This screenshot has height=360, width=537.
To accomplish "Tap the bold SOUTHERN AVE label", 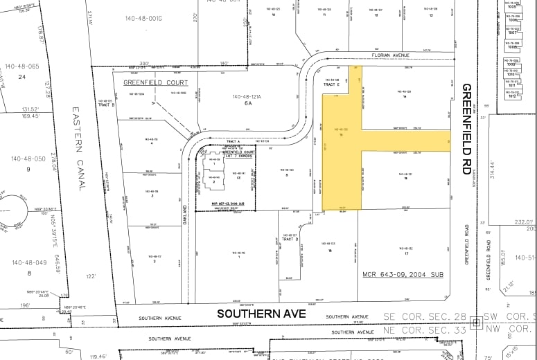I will (x=261, y=314).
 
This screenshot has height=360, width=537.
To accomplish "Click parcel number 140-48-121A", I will (x=250, y=96).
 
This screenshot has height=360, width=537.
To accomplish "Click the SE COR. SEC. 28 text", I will (x=425, y=316).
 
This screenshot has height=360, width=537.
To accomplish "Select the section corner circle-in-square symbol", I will (x=476, y=323).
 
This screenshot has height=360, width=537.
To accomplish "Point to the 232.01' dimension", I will (x=525, y=223).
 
